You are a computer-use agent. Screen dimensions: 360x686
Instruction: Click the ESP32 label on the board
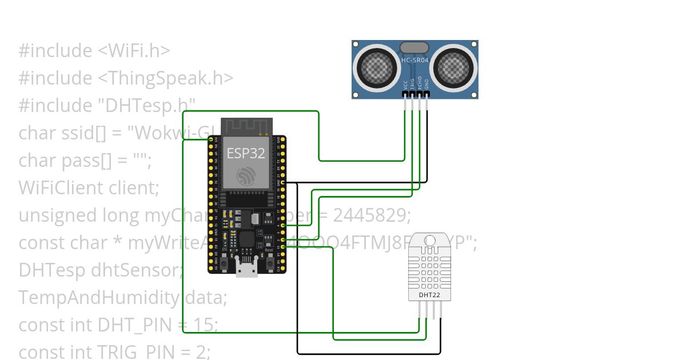click(246, 153)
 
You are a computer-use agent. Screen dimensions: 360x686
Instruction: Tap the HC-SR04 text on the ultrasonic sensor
click(415, 59)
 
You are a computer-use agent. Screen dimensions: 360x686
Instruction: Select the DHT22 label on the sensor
click(429, 295)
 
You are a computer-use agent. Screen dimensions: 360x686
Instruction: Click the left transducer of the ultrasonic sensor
click(377, 67)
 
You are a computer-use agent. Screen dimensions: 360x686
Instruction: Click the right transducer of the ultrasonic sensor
click(453, 67)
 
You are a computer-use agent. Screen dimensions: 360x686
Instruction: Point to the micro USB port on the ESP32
click(246, 268)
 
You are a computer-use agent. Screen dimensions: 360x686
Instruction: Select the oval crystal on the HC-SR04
click(414, 47)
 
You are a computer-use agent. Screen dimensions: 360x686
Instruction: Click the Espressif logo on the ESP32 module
click(246, 176)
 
